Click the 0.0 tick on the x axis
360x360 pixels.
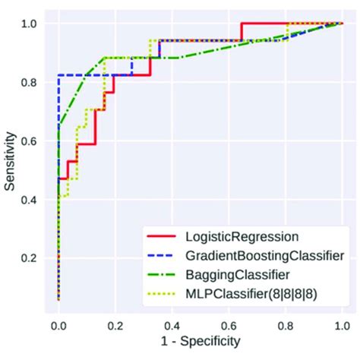[58, 324]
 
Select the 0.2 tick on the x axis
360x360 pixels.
[115, 324]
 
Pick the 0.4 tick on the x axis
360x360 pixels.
[172, 324]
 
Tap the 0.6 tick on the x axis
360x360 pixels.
[229, 324]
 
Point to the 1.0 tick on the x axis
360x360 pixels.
[342, 324]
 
